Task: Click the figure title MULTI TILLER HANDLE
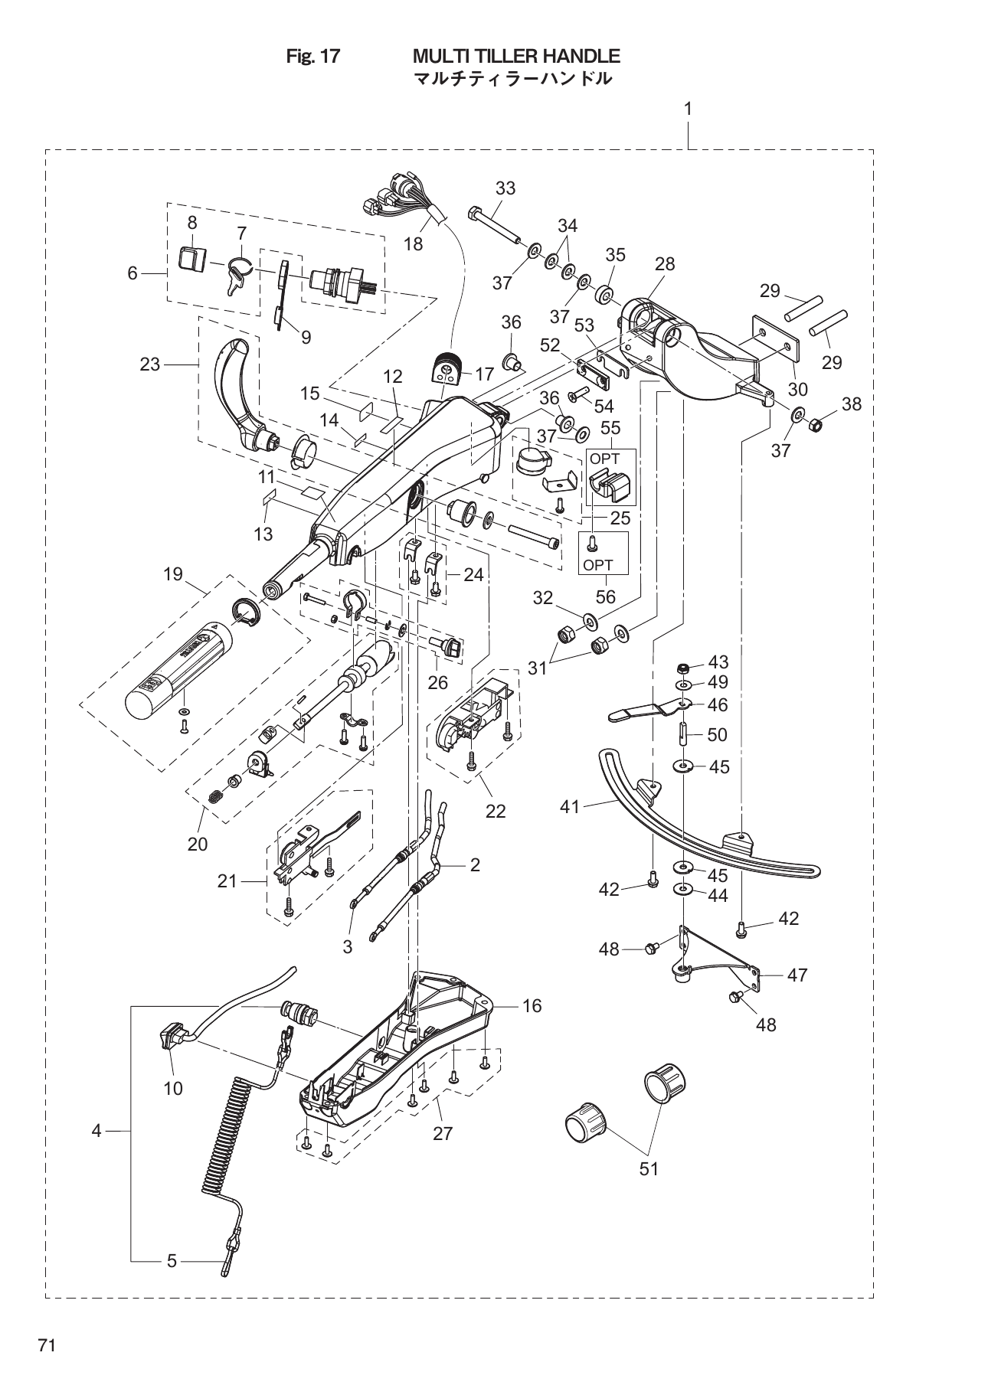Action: tap(515, 56)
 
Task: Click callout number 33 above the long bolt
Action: tap(505, 188)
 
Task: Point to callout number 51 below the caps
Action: tap(649, 1169)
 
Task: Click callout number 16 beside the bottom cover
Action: tap(532, 1006)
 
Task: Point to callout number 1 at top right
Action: tap(688, 109)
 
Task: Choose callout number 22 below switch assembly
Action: tap(496, 811)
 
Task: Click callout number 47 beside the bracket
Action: tap(797, 975)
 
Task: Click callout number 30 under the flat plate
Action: tap(797, 390)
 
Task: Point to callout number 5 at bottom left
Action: tap(172, 1260)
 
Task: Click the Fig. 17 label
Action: tap(312, 56)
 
